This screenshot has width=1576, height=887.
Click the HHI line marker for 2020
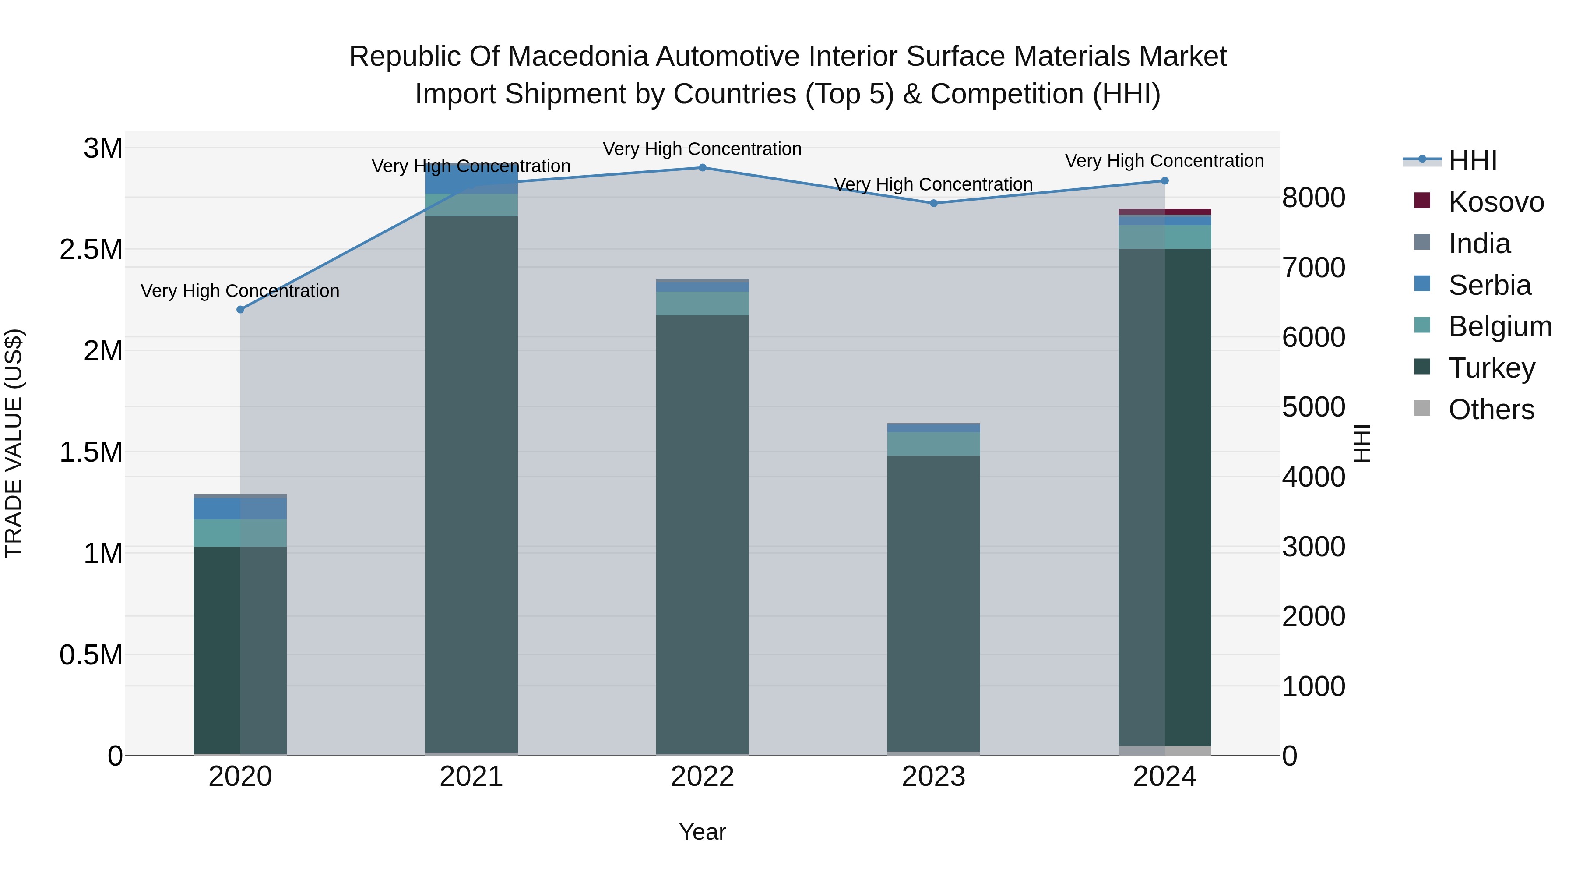point(240,310)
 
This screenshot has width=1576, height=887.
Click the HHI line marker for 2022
point(702,168)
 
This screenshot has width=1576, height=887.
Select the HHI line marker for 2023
point(934,203)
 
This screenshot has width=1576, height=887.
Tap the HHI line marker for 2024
point(1165,180)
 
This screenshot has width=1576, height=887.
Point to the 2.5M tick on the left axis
point(91,250)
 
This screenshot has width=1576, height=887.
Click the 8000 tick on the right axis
point(1313,198)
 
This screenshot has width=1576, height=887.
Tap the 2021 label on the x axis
point(471,777)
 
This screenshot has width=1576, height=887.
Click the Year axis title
point(702,832)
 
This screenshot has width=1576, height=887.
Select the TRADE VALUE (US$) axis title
point(14,443)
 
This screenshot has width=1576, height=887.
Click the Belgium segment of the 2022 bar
point(702,304)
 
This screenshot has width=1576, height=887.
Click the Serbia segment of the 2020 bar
point(240,509)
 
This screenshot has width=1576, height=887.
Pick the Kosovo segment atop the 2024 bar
point(1165,212)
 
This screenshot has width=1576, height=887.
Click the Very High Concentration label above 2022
point(702,149)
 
